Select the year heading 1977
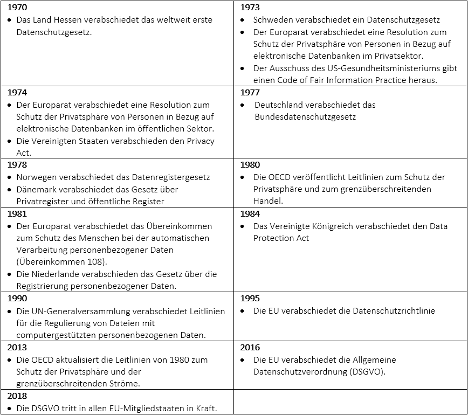point(250,92)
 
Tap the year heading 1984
point(250,213)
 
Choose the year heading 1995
point(250,298)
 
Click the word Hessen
point(66,20)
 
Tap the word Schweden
point(273,20)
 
